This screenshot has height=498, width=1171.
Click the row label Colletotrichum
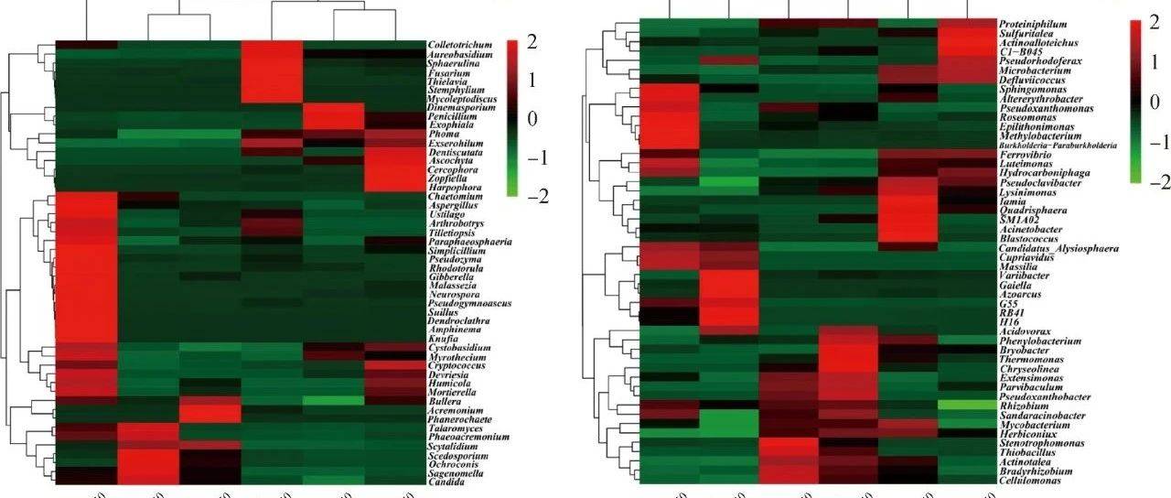[x=458, y=45]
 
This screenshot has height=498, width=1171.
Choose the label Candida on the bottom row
[x=446, y=482]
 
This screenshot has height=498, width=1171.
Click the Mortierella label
[x=452, y=392]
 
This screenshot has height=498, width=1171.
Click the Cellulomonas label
[x=1029, y=481]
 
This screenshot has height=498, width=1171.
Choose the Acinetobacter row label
[x=1031, y=231]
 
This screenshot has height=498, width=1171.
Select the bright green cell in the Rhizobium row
[x=967, y=405]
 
